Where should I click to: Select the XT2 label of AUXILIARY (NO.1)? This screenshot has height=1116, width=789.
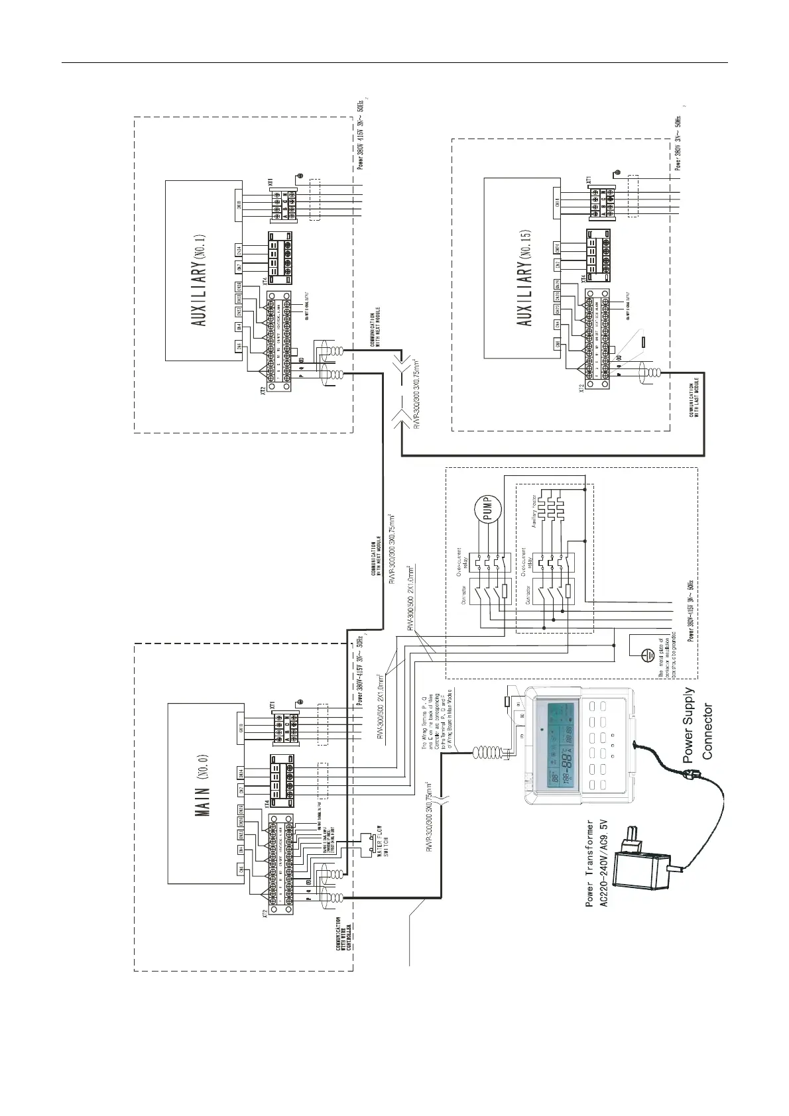264,392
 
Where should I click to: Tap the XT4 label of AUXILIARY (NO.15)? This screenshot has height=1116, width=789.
583,279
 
